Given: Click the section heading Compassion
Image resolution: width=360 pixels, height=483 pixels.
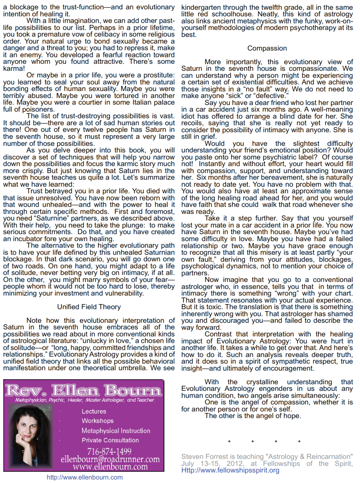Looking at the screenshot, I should (267, 49).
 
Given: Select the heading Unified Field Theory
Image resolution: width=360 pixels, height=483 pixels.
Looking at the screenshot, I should (89, 307).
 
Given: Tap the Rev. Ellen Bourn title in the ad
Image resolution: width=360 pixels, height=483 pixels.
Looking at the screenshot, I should (83, 390).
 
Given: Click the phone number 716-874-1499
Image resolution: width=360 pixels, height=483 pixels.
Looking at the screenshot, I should (110, 451).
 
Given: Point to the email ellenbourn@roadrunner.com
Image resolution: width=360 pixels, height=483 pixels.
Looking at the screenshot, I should (110, 459).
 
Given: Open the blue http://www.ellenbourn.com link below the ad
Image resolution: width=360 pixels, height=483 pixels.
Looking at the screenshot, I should (84, 477).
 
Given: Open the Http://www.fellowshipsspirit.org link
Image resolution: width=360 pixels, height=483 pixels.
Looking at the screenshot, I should (230, 470).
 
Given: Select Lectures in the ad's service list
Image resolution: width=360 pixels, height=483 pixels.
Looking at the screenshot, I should (94, 411).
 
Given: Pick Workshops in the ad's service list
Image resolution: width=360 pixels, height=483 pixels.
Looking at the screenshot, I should (98, 421).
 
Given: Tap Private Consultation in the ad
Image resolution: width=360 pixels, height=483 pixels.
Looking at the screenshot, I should (110, 440).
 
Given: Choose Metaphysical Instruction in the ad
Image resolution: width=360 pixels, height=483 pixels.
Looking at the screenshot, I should (116, 430).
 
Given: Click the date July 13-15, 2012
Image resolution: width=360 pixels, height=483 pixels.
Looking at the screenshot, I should (210, 463).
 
